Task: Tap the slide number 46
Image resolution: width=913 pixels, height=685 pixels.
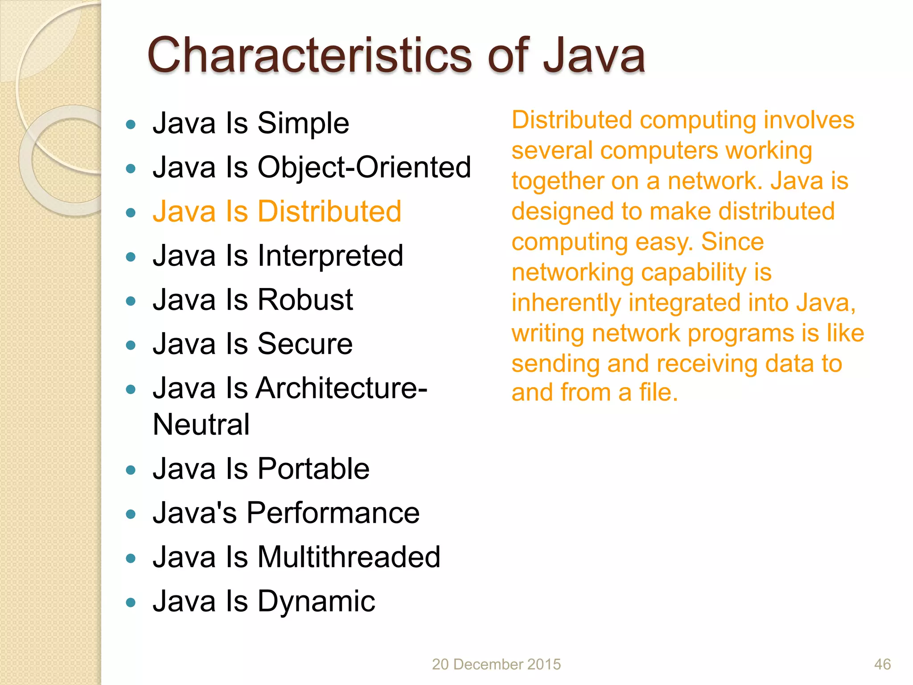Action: tap(882, 664)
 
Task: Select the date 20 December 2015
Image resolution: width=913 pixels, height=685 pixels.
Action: tap(496, 664)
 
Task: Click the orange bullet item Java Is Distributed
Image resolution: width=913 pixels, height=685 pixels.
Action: tap(276, 211)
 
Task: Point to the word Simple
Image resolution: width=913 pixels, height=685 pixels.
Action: tap(303, 124)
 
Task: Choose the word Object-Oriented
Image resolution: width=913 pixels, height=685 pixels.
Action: tap(364, 167)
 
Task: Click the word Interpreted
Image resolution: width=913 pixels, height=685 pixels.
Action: tap(330, 256)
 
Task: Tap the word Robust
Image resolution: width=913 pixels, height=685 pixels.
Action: tap(305, 300)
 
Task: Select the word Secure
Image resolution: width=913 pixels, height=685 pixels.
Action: tap(305, 344)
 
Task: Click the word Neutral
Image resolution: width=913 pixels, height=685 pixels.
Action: tap(201, 424)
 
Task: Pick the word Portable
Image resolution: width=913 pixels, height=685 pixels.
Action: tap(313, 469)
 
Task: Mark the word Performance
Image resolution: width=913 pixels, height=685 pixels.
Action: tap(333, 513)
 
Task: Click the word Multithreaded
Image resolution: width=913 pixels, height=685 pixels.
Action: tap(349, 557)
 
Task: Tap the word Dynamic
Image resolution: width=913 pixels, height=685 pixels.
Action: tap(316, 601)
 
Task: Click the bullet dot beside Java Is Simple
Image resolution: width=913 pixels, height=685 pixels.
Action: tap(131, 124)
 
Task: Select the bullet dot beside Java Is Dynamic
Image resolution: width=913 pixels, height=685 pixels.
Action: tap(131, 603)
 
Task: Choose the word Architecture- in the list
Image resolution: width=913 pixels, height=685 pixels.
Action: tap(341, 388)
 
